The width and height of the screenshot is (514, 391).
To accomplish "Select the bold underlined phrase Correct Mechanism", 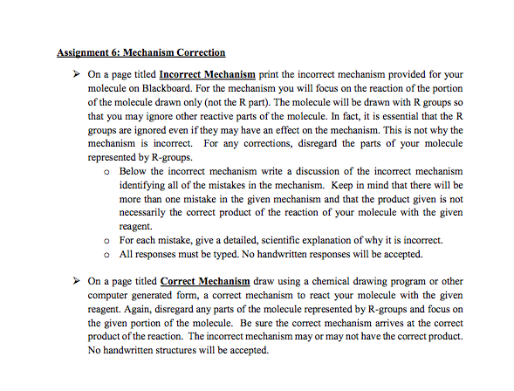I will tap(204, 282).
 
